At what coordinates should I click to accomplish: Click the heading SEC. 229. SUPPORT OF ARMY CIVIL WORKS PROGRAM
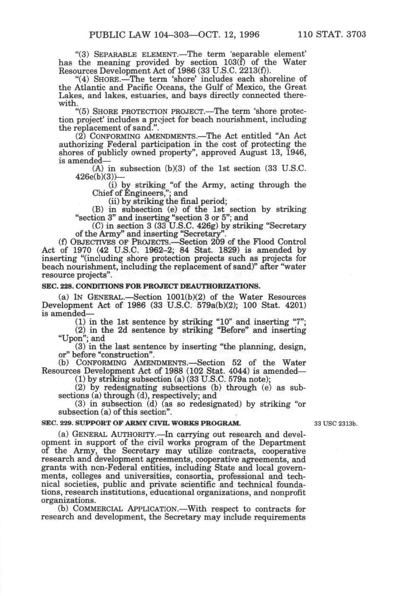141,423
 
